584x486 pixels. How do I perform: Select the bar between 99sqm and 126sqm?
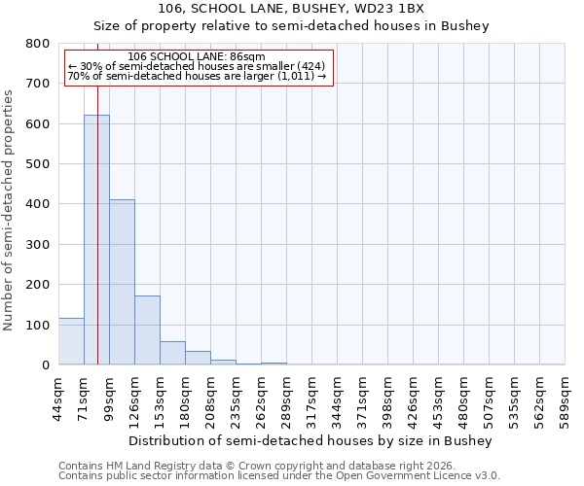tap(122, 282)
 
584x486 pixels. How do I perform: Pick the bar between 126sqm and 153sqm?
tap(147, 330)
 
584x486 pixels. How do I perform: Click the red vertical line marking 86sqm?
tap(98, 224)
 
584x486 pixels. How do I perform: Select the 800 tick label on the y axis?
tap(37, 44)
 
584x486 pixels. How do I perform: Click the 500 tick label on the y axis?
tap(37, 164)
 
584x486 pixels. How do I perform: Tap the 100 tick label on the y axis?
tap(37, 325)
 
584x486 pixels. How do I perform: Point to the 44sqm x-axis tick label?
tap(58, 398)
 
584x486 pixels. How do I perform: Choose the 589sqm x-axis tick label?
tap(565, 398)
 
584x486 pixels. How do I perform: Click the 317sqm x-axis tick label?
tap(311, 398)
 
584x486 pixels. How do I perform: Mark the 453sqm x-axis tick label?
tap(438, 398)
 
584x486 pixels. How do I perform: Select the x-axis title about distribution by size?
tap(311, 440)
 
